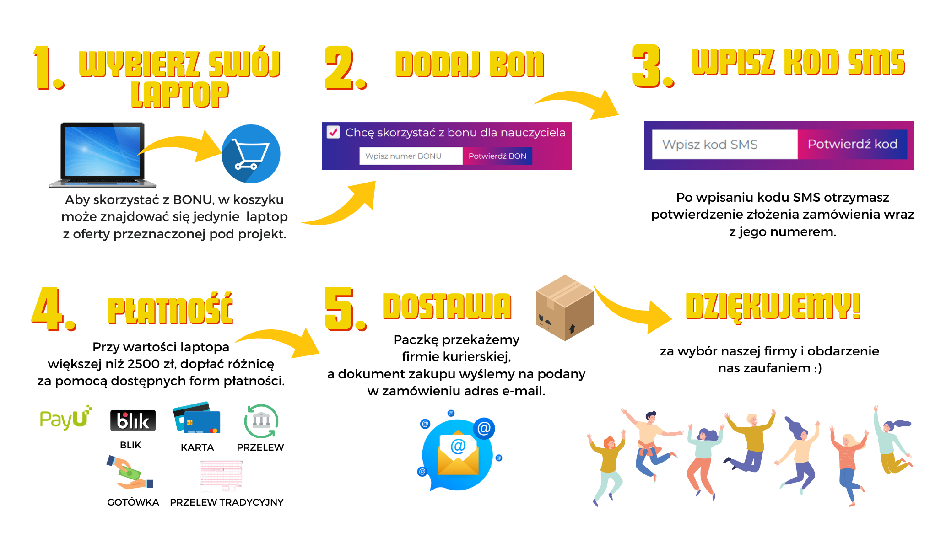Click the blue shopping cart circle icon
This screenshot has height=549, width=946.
tap(251, 154)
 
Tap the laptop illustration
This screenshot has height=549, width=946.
tap(103, 155)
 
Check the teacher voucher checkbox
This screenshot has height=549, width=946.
tap(333, 132)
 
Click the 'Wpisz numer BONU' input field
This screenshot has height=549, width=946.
tap(411, 156)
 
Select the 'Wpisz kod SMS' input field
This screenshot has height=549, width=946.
tap(724, 145)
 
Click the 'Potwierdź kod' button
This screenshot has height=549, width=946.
tap(852, 145)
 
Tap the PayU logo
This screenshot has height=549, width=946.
tap(65, 418)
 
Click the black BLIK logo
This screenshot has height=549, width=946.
tap(133, 420)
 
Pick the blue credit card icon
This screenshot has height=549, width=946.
tap(197, 418)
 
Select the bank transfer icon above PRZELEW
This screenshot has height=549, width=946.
tap(261, 421)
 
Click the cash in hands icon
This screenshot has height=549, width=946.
tap(130, 473)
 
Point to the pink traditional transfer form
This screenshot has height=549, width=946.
tap(222, 474)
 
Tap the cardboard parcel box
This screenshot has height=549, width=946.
tap(565, 307)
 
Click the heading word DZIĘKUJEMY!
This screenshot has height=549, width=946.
tap(773, 307)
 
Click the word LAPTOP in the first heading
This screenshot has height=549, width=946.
tap(179, 95)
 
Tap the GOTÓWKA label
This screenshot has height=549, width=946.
tap(133, 502)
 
